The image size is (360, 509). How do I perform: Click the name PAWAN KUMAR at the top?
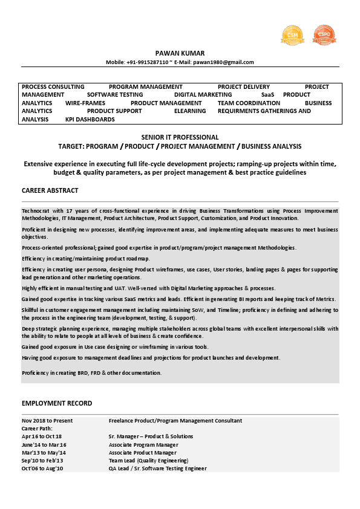(x=180, y=53)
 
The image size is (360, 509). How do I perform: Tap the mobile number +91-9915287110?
(x=148, y=62)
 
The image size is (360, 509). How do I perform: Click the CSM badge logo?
(x=292, y=35)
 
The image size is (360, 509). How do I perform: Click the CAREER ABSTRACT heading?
(x=50, y=190)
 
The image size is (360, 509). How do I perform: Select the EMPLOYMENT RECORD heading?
(x=57, y=403)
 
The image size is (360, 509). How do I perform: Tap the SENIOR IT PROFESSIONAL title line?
(x=180, y=137)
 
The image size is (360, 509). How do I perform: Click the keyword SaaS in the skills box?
(x=267, y=95)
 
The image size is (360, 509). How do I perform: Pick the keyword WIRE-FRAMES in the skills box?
(x=85, y=103)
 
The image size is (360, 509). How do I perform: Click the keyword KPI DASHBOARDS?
(x=90, y=120)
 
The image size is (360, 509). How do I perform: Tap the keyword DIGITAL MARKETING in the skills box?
(x=203, y=95)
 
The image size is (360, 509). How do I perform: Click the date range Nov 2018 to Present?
(x=47, y=421)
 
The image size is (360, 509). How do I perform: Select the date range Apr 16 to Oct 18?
(x=42, y=436)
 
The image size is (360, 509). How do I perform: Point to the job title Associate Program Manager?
(x=143, y=444)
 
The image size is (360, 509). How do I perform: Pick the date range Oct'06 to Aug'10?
(x=42, y=468)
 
